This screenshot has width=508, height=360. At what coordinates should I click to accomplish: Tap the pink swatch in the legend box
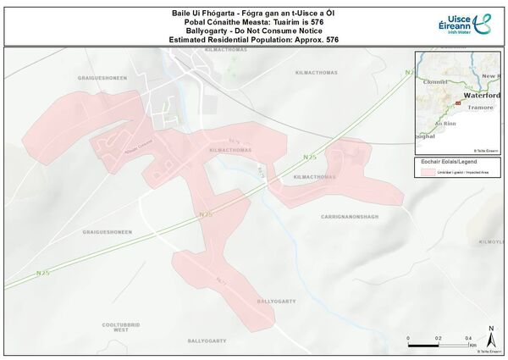(428, 171)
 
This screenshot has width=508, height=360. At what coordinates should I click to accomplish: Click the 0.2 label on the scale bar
(439, 337)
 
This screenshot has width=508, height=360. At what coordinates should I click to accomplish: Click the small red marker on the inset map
(458, 102)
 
